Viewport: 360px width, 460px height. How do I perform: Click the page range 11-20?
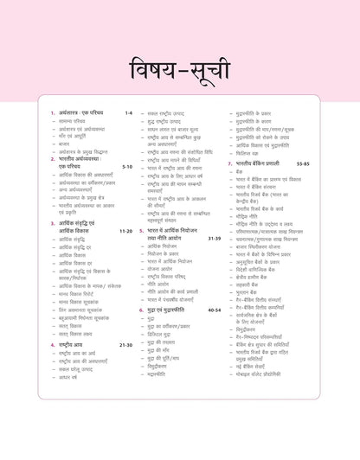tap(125, 231)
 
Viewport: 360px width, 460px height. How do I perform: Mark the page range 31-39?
tap(213, 238)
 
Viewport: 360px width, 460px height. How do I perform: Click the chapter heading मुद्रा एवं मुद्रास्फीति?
tap(170, 308)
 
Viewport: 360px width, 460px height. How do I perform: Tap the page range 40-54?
tap(214, 308)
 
